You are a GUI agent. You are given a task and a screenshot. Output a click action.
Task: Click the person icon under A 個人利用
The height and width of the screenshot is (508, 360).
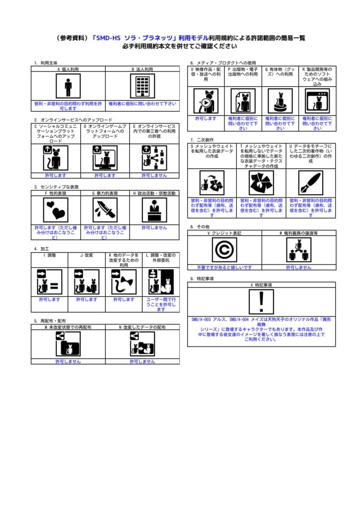click(x=68, y=87)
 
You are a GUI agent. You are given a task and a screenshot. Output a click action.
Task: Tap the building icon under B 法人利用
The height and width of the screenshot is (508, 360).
click(x=142, y=87)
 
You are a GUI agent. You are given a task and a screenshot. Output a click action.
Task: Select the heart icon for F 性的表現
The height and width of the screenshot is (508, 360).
click(x=56, y=210)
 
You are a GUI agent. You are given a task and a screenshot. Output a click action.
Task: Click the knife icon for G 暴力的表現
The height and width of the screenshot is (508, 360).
click(x=105, y=210)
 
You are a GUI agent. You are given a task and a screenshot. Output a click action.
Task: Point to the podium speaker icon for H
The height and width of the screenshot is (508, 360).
click(x=154, y=210)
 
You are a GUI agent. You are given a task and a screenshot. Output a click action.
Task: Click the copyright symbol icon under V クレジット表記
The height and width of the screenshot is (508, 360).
click(x=224, y=250)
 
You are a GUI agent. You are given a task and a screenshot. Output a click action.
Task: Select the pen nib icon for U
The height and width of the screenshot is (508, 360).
click(x=311, y=183)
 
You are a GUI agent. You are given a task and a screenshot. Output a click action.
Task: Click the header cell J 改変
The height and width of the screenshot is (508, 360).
click(x=87, y=255)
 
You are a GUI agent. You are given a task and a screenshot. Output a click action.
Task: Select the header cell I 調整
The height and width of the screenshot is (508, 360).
click(x=50, y=255)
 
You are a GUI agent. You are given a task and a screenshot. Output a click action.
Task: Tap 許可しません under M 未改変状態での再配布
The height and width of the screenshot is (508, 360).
click(x=68, y=362)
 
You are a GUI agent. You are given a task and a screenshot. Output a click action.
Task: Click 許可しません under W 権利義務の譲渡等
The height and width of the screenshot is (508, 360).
click(x=298, y=267)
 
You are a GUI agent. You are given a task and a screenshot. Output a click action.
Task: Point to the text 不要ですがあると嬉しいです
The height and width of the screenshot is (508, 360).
click(x=224, y=267)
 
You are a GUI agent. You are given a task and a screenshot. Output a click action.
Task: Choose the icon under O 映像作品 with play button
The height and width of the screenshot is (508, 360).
click(x=206, y=101)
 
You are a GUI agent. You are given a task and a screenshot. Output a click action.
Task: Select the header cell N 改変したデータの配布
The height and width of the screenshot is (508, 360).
click(x=142, y=327)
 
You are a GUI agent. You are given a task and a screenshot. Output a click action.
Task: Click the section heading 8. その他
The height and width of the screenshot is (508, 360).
click(x=199, y=226)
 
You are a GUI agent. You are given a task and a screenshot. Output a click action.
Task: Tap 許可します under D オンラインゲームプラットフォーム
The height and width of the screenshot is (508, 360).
click(x=105, y=175)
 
